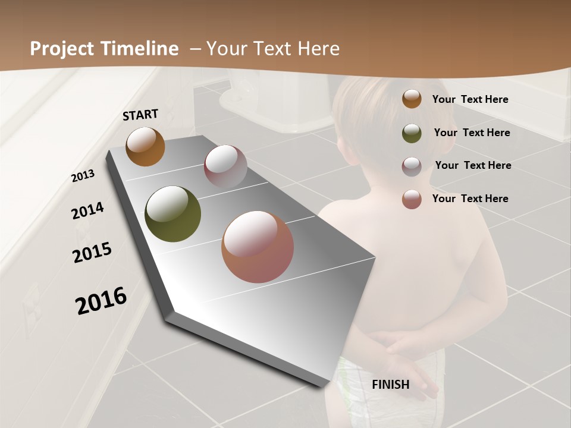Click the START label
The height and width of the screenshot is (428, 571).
pos(140,115)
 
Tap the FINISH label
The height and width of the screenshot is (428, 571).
pos(390,385)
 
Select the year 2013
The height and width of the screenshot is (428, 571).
pos(83,176)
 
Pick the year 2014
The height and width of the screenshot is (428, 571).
pos(87,210)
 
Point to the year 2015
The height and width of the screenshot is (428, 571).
pos(92,253)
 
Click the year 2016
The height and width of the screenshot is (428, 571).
pos(101,301)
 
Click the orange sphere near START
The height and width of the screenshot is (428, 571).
pos(145,147)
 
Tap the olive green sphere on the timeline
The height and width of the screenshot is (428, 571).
pos(173,214)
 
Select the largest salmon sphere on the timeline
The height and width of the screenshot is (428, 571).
pos(258,247)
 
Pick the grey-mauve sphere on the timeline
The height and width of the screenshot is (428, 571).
pos(225,167)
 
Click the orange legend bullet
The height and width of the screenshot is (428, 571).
pos(412,99)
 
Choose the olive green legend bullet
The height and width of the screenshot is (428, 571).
pos(412,133)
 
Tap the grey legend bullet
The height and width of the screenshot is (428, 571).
pos(412,166)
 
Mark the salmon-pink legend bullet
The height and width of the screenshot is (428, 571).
pos(412,199)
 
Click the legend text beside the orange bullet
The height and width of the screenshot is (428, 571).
pos(470,99)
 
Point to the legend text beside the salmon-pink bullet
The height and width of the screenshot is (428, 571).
pos(470,199)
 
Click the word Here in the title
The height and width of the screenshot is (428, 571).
pos(319,49)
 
